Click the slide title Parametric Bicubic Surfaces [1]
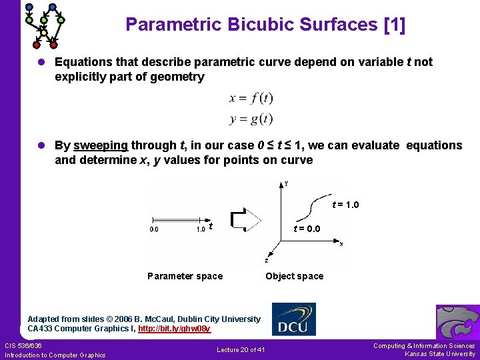click(265, 25)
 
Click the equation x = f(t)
click(251, 99)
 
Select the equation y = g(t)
click(251, 119)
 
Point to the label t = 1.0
click(345, 205)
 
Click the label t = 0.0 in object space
click(307, 229)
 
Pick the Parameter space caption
click(185, 276)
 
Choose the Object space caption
click(294, 276)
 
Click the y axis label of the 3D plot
click(287, 183)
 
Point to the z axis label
click(267, 261)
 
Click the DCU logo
click(294, 319)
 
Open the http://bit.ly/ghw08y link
click(174, 329)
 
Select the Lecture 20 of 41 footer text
click(241, 350)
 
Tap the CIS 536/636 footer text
click(23, 345)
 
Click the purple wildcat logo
click(457, 322)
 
